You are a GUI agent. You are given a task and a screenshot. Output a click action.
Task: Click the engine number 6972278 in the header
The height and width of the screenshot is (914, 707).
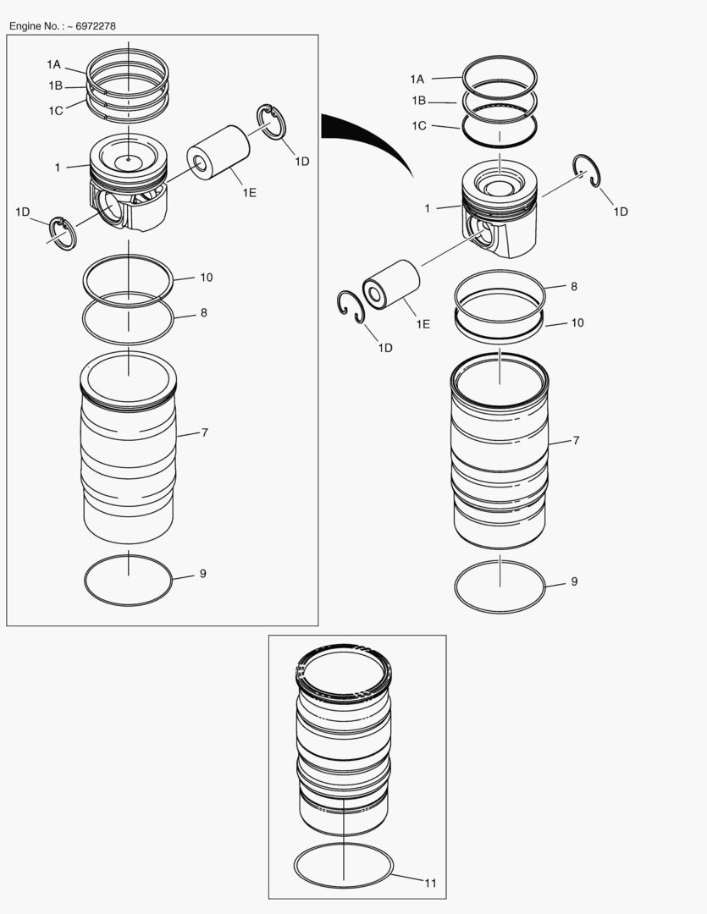[x=96, y=26]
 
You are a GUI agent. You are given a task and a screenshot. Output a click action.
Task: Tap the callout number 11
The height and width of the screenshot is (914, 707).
[x=430, y=883]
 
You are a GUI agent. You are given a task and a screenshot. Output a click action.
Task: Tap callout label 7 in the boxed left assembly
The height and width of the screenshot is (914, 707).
[x=205, y=432]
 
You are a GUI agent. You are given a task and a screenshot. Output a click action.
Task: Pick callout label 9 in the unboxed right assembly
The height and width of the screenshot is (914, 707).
[x=574, y=581]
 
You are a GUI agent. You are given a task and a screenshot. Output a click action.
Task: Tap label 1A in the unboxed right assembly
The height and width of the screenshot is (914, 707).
[x=417, y=79]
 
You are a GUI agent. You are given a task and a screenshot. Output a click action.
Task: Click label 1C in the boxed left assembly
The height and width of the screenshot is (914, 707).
[x=55, y=110]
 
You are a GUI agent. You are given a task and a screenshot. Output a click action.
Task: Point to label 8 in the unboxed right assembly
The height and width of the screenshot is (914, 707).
[x=574, y=287]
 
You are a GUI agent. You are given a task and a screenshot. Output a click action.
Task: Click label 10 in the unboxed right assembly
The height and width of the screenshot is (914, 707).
[x=577, y=322]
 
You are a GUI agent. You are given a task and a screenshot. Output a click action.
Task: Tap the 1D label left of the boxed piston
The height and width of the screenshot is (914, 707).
[x=23, y=211]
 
